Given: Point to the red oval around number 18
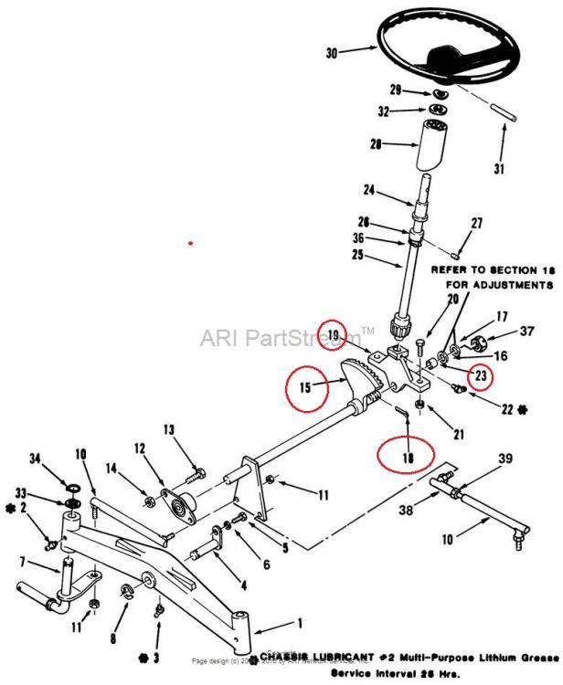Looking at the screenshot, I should pyautogui.click(x=409, y=453).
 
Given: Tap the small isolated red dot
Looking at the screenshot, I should pyautogui.click(x=190, y=244).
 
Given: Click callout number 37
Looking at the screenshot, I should pyautogui.click(x=527, y=331).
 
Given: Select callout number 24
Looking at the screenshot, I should pyautogui.click(x=367, y=191).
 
